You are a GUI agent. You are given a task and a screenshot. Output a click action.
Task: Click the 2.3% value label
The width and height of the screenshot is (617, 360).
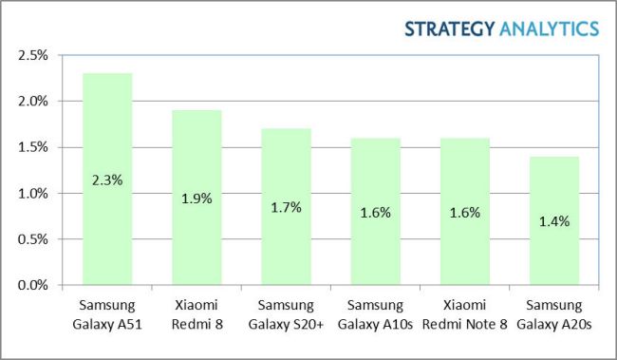[106, 180]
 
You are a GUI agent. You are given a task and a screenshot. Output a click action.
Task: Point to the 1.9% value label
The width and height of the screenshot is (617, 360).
[196, 199]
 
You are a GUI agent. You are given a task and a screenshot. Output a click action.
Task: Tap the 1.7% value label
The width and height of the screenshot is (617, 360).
[285, 207]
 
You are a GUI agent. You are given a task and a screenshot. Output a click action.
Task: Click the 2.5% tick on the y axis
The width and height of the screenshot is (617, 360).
[33, 55]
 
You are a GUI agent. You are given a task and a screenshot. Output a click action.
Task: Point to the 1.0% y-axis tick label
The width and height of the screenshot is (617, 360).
[33, 193]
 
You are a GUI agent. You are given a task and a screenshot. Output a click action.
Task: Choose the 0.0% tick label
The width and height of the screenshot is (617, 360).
[33, 285]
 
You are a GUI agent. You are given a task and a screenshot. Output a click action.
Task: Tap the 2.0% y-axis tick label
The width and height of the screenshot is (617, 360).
[33, 101]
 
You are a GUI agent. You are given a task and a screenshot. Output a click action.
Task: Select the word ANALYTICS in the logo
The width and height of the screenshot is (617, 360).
[548, 28]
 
